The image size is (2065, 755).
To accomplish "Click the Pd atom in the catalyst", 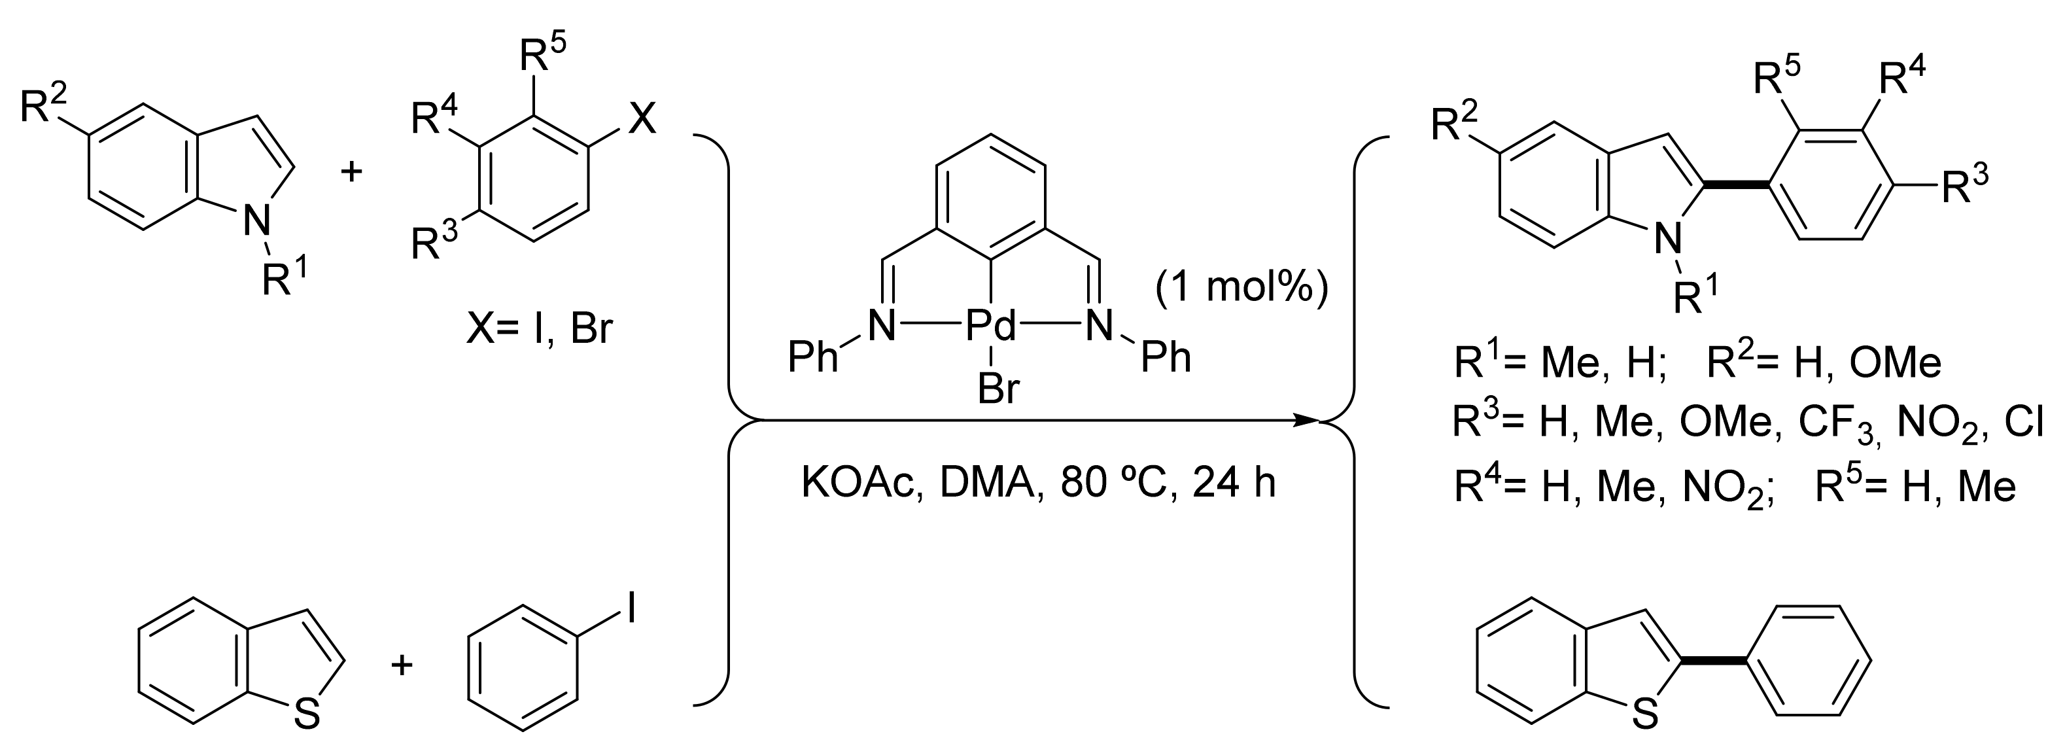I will pos(990,326).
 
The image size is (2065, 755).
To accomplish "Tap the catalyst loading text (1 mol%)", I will pos(1241,289).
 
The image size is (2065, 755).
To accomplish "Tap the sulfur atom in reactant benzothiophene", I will pos(307,715).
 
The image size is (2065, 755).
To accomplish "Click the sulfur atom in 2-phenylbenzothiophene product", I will pos(1645,715).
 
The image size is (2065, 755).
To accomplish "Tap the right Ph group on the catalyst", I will pos(1166,357).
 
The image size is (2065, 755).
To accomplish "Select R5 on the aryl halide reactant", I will pos(543,56).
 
